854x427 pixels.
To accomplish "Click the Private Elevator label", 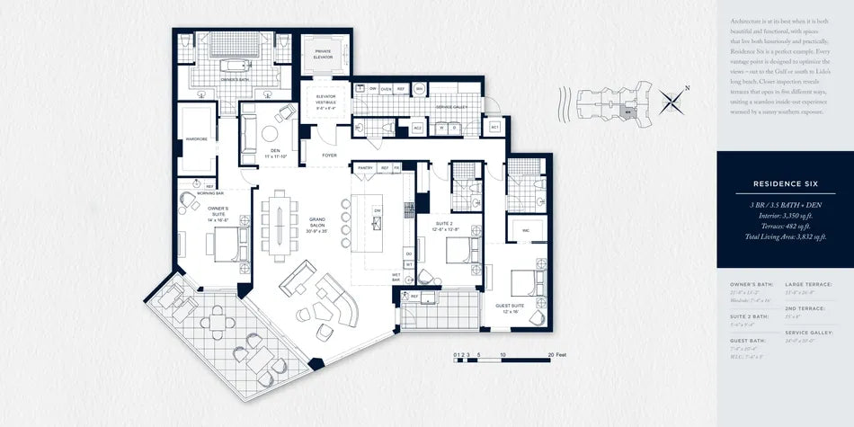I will (x=323, y=54).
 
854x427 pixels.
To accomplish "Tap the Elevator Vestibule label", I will (x=325, y=102).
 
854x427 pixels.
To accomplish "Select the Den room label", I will (x=275, y=154).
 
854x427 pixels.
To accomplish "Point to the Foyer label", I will (x=329, y=155).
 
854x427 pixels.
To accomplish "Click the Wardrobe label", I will (x=196, y=139).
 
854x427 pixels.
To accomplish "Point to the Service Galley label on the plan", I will (x=451, y=107).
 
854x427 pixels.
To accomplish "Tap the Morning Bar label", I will (x=210, y=193).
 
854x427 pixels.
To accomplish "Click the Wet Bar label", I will (x=396, y=280).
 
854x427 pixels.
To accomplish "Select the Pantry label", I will (x=365, y=167).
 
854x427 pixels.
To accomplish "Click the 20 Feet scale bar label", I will (x=556, y=356).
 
